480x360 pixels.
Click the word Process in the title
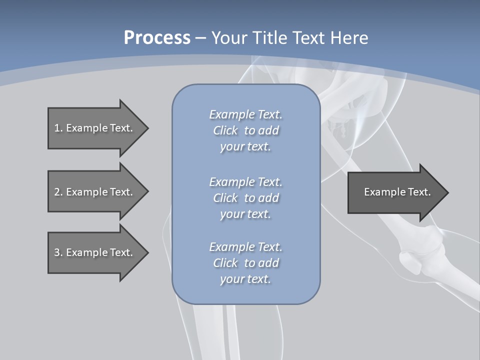[157, 38]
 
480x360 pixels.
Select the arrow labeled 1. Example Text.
[95, 128]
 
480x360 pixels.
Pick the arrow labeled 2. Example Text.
[95, 192]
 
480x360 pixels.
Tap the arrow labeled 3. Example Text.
[95, 252]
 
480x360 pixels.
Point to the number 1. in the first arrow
[58, 128]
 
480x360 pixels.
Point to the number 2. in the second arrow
[58, 192]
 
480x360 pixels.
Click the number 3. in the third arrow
[58, 252]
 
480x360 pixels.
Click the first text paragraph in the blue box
[245, 130]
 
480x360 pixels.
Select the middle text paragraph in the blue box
[245, 198]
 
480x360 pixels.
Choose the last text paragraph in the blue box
[245, 263]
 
